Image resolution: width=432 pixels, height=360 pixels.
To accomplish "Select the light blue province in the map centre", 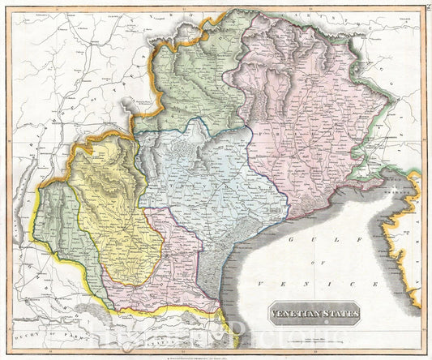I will pyautogui.click(x=215, y=182).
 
